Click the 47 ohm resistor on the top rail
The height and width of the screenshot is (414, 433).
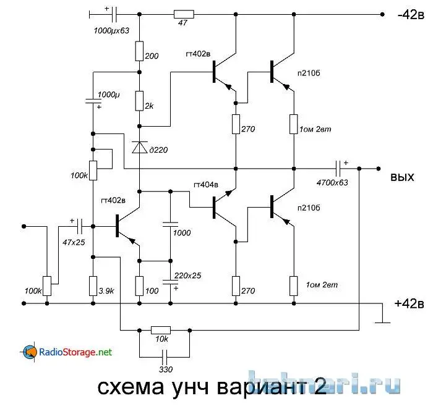pyautogui.click(x=184, y=14)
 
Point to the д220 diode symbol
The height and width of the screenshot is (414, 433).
pyautogui.click(x=139, y=147)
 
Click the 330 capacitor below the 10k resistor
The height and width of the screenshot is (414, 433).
pyautogui.click(x=165, y=357)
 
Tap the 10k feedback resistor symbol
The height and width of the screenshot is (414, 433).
pyautogui.click(x=161, y=330)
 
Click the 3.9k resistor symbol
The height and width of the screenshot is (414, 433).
pyautogui.click(x=92, y=285)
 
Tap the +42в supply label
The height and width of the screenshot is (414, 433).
pyautogui.click(x=408, y=303)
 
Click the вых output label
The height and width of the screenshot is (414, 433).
pyautogui.click(x=401, y=177)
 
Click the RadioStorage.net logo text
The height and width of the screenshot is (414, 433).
pyautogui.click(x=75, y=352)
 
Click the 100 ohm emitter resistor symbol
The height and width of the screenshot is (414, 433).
pyautogui.click(x=139, y=285)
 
